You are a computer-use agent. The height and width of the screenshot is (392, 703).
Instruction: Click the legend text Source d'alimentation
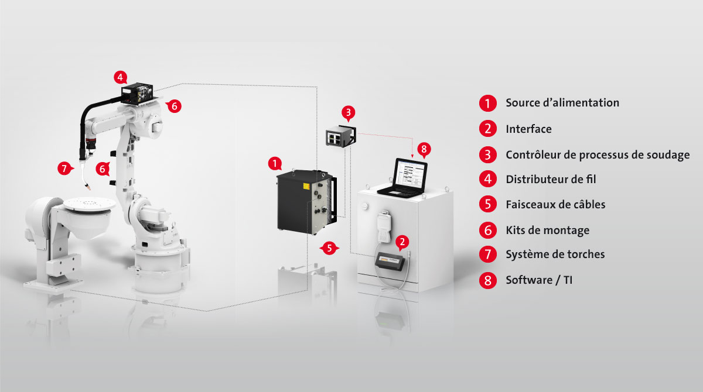click(x=562, y=103)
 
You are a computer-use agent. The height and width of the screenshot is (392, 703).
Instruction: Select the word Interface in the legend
click(x=528, y=129)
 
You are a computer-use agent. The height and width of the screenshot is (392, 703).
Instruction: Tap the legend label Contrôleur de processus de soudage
click(x=598, y=155)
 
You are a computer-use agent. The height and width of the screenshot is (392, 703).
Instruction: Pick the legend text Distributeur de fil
click(x=551, y=179)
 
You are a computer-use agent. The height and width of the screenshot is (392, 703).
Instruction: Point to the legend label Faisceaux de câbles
click(x=555, y=204)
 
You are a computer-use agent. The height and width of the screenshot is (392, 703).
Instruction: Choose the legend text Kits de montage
click(x=548, y=231)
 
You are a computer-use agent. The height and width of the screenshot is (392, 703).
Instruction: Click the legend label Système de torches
click(x=555, y=254)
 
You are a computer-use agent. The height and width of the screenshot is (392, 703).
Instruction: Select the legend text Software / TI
click(x=539, y=280)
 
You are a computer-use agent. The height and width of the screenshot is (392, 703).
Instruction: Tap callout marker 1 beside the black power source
click(x=275, y=164)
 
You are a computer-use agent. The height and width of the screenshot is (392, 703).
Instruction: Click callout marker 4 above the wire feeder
click(x=120, y=77)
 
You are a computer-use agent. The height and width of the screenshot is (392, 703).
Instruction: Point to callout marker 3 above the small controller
click(x=348, y=113)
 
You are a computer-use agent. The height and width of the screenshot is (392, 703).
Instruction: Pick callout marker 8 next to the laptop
click(x=424, y=149)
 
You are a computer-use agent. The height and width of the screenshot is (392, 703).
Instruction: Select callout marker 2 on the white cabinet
click(x=402, y=242)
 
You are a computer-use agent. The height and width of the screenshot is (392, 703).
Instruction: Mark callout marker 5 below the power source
click(x=329, y=248)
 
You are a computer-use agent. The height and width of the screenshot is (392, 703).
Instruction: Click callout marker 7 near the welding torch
click(x=64, y=169)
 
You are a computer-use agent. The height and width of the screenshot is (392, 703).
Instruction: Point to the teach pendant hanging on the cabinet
click(x=384, y=227)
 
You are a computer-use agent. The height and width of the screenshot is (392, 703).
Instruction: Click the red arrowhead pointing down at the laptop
click(x=412, y=156)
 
